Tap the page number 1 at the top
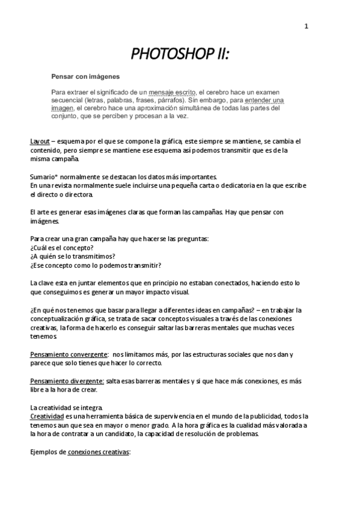tap(307, 26)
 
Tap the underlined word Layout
tap(40, 141)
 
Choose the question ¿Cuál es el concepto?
tap(61, 248)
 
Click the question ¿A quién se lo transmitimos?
tap(73, 256)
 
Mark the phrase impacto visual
tap(168, 292)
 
